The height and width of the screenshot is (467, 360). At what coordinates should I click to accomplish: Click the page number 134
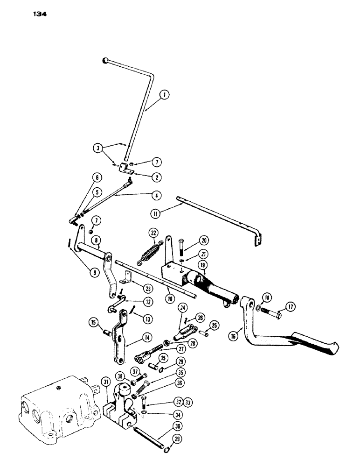click(x=40, y=14)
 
